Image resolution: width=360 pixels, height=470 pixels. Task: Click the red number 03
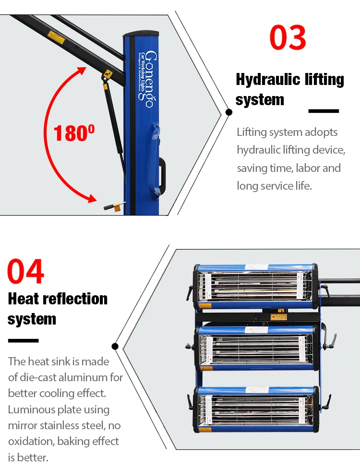[x=288, y=37]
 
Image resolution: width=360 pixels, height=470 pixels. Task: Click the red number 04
[x=25, y=271]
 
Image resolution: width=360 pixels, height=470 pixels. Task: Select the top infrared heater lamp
[x=255, y=286]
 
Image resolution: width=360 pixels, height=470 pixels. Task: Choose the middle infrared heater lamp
[x=255, y=349]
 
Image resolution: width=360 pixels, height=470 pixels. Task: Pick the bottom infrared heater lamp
[x=255, y=409]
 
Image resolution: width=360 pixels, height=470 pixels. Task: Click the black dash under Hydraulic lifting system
[x=324, y=111]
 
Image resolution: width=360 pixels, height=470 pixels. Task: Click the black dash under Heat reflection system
[x=23, y=340]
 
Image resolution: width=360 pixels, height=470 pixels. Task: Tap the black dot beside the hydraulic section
[x=229, y=112]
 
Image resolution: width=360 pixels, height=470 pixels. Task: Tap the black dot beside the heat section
[x=115, y=346]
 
